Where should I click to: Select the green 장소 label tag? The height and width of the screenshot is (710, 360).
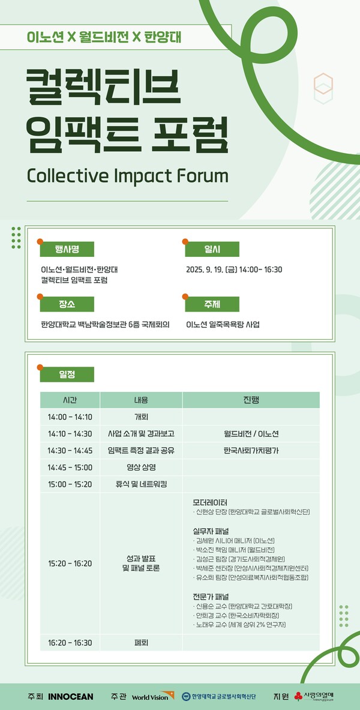[67, 304]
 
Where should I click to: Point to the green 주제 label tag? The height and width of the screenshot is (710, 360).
[212, 304]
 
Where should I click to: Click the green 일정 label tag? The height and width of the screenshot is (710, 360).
[67, 374]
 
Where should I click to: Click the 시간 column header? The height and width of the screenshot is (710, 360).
[70, 400]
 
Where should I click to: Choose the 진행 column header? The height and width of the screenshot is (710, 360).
[251, 400]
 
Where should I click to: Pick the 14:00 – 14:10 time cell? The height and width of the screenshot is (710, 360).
[70, 417]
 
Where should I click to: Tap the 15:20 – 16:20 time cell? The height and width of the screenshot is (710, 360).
[70, 564]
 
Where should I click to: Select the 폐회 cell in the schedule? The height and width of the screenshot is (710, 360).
[141, 643]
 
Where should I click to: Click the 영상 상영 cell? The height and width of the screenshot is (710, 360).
[141, 467]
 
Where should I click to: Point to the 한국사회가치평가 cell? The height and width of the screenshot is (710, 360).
[251, 450]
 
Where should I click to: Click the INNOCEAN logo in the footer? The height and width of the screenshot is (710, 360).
[70, 696]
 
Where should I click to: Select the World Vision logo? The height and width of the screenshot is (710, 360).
[150, 697]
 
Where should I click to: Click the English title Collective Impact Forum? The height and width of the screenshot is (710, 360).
[128, 176]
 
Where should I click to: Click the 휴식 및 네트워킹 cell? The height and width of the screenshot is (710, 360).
[141, 484]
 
